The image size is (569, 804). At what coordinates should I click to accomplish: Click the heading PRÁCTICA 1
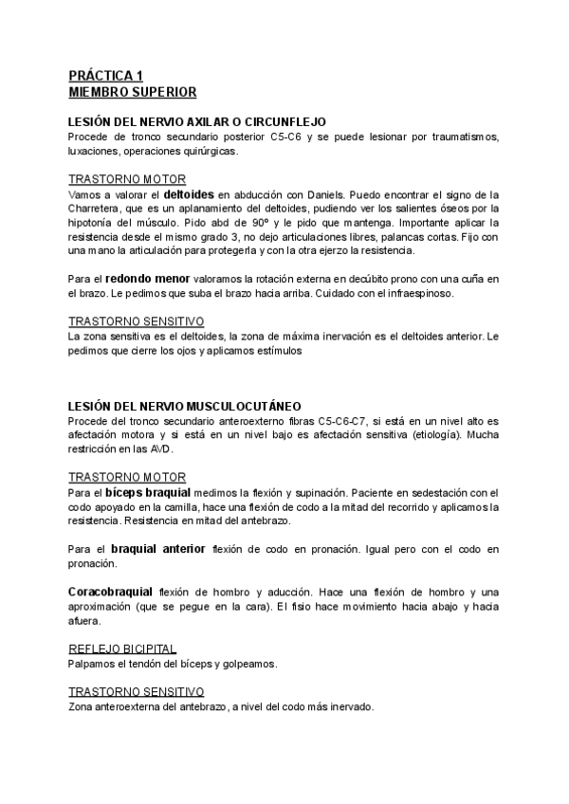click(x=105, y=75)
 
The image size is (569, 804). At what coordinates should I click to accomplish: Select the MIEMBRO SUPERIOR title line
click(x=133, y=92)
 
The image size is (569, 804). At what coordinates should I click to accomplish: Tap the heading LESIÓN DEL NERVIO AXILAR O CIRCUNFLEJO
click(x=197, y=122)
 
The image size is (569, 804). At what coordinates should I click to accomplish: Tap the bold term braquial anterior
click(x=157, y=549)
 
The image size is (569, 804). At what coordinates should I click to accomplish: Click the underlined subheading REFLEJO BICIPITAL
click(x=123, y=649)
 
